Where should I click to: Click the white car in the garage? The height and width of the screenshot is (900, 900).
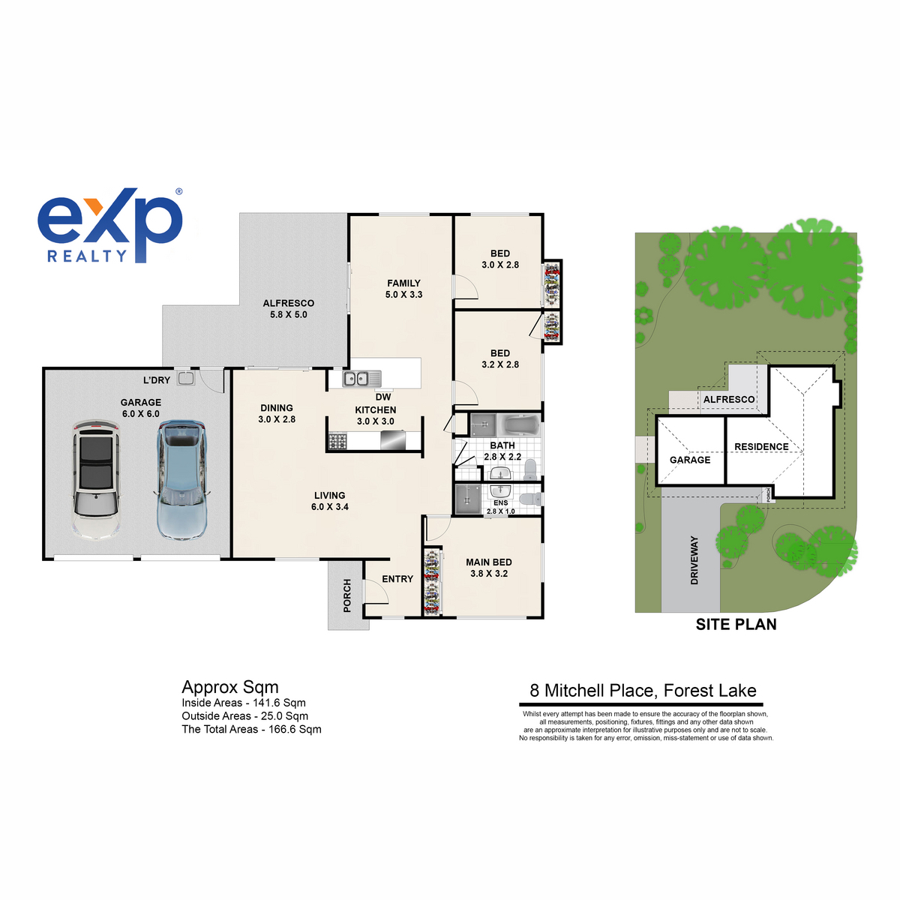pos(96,480)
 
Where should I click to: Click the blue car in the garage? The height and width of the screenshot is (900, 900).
pos(181,480)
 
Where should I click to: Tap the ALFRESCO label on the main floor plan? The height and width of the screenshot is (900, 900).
pos(288,303)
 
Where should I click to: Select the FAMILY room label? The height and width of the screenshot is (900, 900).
pos(403,283)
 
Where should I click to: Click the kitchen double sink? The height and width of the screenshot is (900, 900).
pos(361,378)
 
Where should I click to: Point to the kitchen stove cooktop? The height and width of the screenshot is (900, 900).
pos(337,441)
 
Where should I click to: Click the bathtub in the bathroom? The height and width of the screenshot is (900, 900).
pos(518,425)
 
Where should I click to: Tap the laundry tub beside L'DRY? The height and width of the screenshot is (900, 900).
pos(185,379)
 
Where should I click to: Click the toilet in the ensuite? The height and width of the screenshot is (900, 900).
pos(530,499)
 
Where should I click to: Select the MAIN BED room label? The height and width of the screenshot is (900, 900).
pos(488,562)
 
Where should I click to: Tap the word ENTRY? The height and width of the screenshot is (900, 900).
pos(397,579)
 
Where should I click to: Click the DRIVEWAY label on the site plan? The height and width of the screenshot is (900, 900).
pos(694,560)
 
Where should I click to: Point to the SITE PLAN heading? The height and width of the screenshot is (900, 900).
pos(736,625)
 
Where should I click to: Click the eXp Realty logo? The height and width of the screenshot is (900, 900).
pos(110,226)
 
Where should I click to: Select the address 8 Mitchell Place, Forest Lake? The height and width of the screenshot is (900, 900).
pos(643,690)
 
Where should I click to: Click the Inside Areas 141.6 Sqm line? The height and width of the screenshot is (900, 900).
pos(244,703)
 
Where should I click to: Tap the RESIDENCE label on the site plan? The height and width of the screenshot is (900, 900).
pos(761,447)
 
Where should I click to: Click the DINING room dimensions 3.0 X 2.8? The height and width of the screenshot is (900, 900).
pos(277,419)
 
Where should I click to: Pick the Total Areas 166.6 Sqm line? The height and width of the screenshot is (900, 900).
pos(252,729)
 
